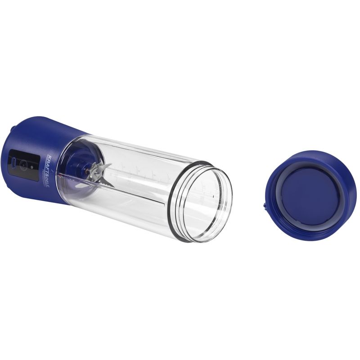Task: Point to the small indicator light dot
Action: [x=32, y=167]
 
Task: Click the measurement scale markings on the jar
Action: [x=135, y=169]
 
